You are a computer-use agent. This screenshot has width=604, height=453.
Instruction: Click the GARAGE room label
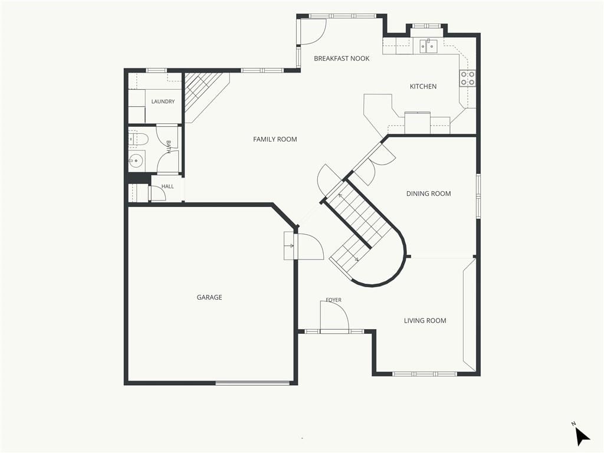pyautogui.click(x=209, y=297)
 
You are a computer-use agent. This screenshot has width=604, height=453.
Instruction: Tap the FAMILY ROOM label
pyautogui.click(x=275, y=139)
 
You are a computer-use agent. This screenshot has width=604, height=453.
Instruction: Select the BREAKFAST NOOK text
pyautogui.click(x=342, y=58)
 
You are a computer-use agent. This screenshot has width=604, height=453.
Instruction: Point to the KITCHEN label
pyautogui.click(x=423, y=86)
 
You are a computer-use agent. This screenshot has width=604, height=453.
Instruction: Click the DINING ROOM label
pyautogui.click(x=428, y=193)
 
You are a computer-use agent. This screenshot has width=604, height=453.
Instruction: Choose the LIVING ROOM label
pyautogui.click(x=425, y=320)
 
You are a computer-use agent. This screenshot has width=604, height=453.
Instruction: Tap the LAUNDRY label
pyautogui.click(x=163, y=101)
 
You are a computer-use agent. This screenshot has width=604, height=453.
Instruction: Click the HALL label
pyautogui.click(x=168, y=186)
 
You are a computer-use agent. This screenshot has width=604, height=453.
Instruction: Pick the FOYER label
pyautogui.click(x=334, y=300)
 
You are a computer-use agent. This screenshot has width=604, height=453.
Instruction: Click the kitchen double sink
pyautogui.click(x=428, y=46)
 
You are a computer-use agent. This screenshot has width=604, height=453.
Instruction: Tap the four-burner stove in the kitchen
pyautogui.click(x=467, y=78)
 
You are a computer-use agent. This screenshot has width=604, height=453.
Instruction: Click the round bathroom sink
pyautogui.click(x=136, y=160)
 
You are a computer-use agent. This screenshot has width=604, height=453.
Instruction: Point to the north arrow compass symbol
pyautogui.click(x=582, y=436)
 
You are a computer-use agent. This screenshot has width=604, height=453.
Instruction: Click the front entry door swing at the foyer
pyautogui.click(x=334, y=316)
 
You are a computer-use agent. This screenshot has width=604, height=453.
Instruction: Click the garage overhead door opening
pyautogui.click(x=252, y=383)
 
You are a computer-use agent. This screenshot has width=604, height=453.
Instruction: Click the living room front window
pyautogui.click(x=425, y=373)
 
